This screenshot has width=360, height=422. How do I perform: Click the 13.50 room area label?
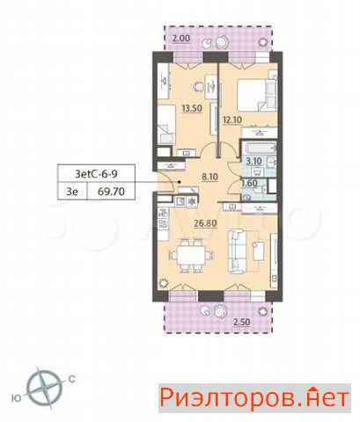(x=192, y=108)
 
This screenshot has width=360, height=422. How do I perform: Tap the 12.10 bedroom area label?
(x=232, y=120)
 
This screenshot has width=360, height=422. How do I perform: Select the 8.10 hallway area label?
(x=209, y=177)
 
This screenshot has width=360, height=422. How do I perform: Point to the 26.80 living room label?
(x=205, y=223)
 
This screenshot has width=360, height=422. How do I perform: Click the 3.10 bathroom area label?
(x=253, y=161)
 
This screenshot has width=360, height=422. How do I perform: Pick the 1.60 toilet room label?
(x=249, y=184)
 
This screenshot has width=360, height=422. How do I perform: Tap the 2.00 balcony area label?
(x=181, y=39)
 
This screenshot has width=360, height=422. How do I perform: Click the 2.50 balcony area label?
(x=241, y=322)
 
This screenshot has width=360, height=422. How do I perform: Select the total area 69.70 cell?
(x=111, y=192)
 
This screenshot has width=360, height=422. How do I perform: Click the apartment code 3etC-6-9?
(x=96, y=174)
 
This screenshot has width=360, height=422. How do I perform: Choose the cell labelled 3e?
(x=72, y=192)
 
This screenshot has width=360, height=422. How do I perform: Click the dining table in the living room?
(x=191, y=256)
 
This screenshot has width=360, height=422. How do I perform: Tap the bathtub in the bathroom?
(x=259, y=148)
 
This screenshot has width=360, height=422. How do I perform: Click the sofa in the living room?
(x=237, y=251)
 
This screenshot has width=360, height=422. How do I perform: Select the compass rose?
(x=44, y=388)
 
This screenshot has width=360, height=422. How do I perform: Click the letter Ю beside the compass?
(x=17, y=398)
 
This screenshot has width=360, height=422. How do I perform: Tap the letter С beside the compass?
(x=71, y=379)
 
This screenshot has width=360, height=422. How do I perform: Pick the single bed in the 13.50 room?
(x=166, y=125)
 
